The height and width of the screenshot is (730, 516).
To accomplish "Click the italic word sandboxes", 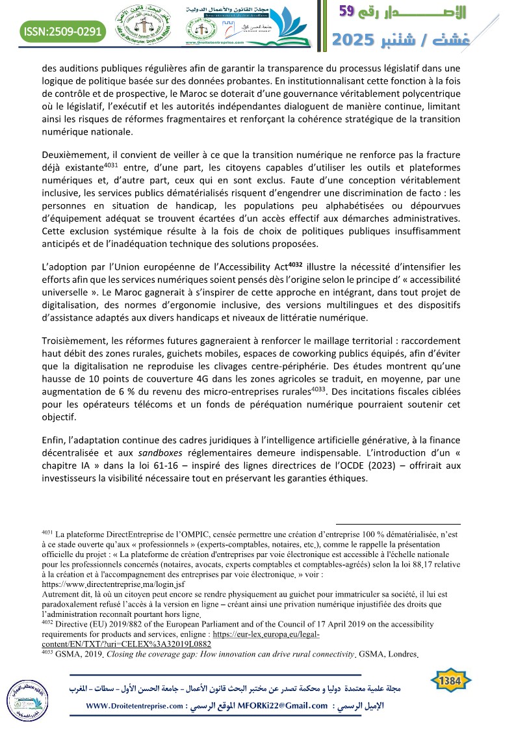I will coord(155,453).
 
